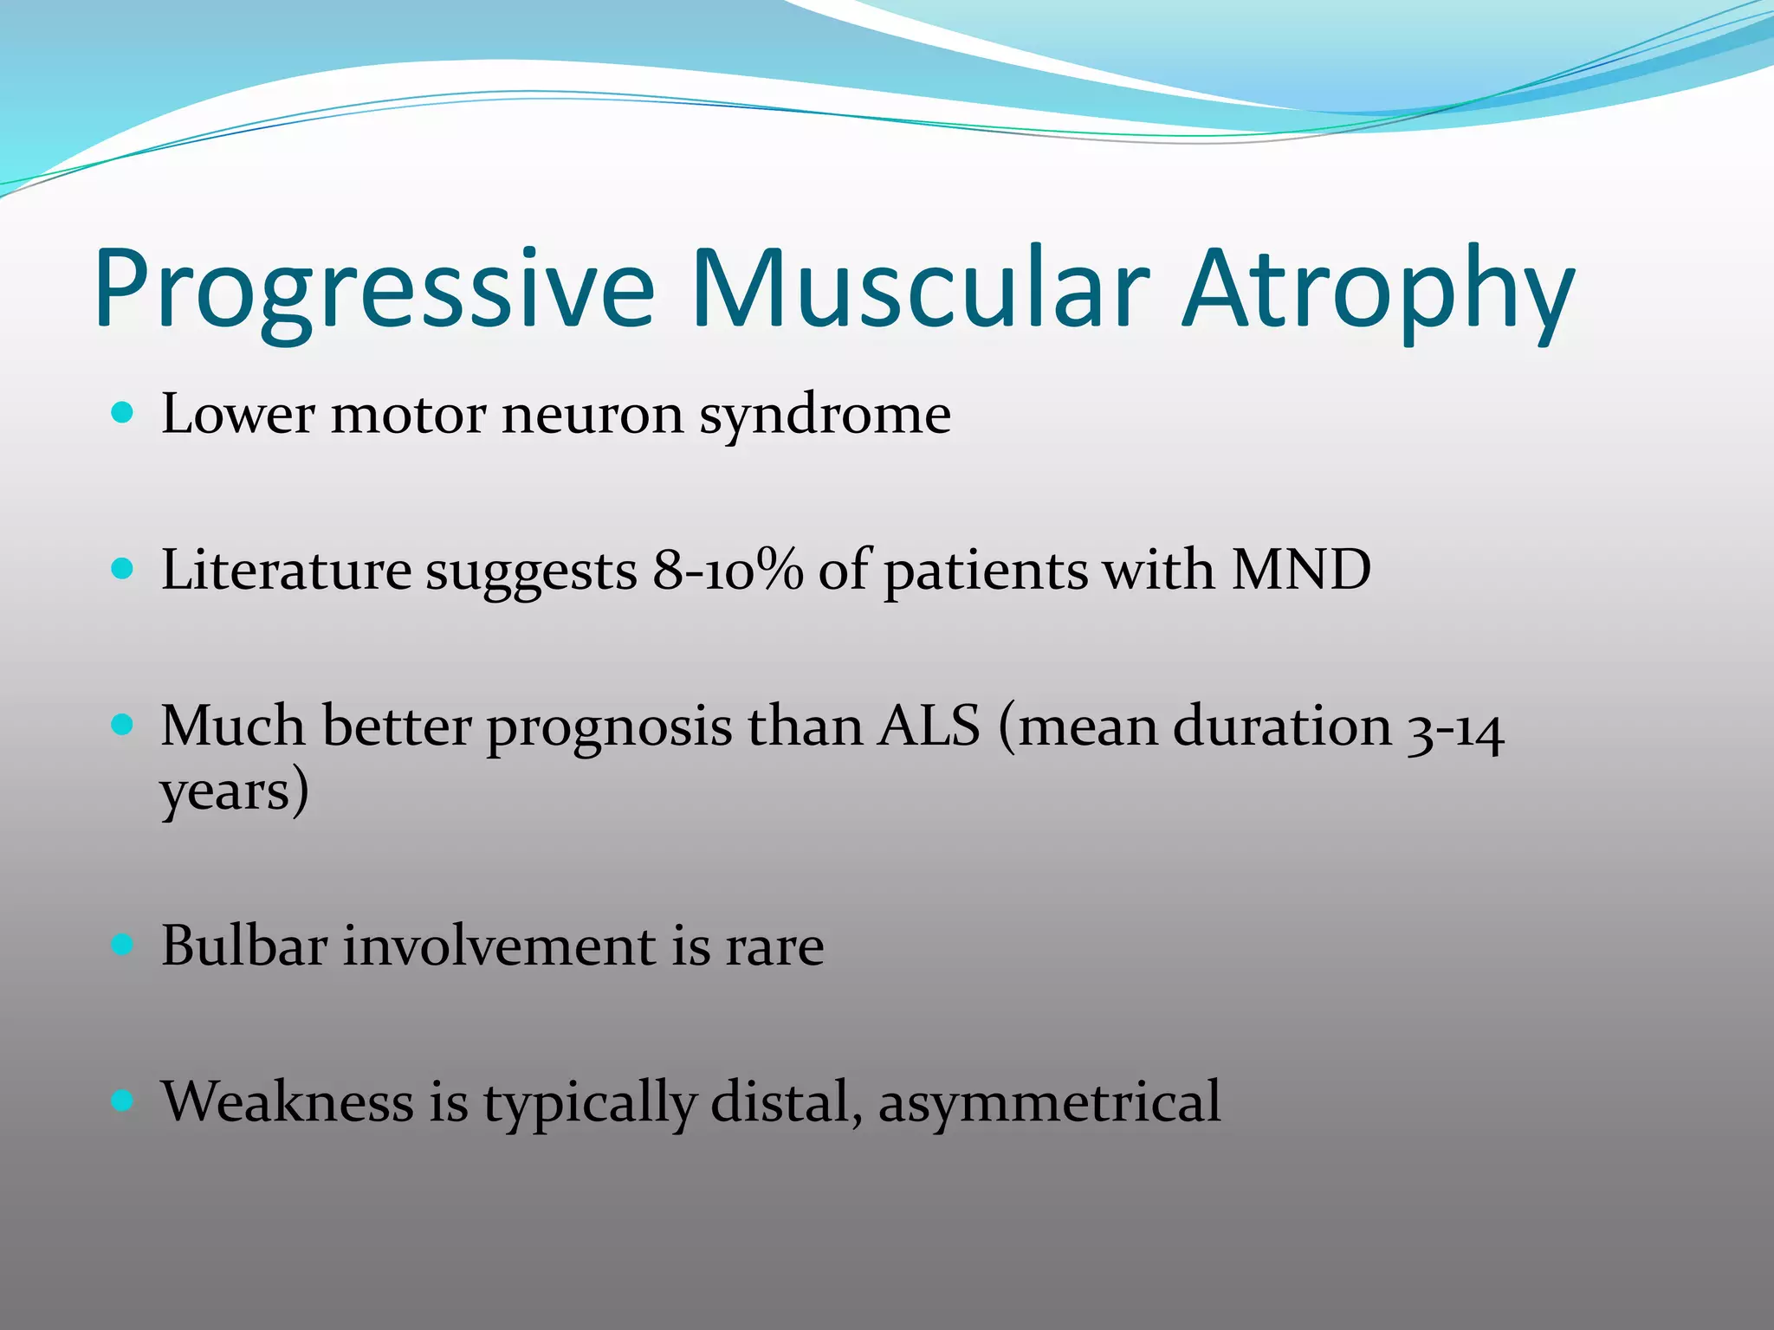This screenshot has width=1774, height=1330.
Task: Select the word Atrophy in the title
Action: (x=1377, y=290)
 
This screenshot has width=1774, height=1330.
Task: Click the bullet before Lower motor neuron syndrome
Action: (x=123, y=412)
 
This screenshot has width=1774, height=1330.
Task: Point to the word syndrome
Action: (x=825, y=416)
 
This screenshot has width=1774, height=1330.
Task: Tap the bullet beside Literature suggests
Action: (x=123, y=569)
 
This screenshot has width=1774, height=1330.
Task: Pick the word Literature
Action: (x=286, y=571)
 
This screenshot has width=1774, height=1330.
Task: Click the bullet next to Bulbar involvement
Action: (x=123, y=945)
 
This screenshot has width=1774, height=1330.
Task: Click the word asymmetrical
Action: (x=1049, y=1102)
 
